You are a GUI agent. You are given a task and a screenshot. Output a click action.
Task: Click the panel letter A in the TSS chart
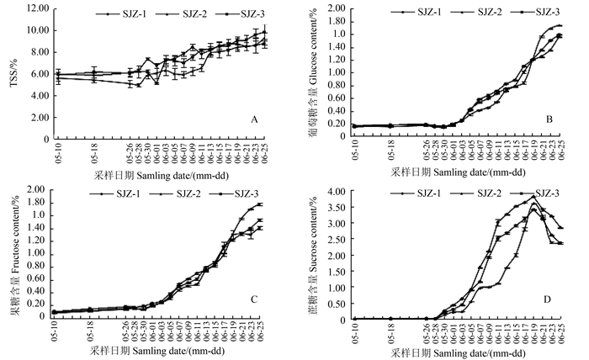(253, 120)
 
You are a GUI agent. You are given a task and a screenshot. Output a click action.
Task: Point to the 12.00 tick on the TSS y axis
(35, 8)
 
